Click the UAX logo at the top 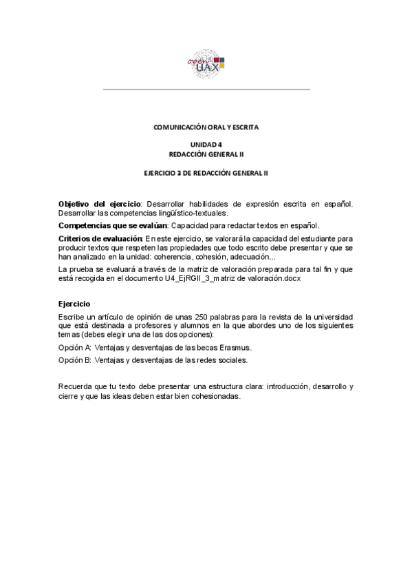[206, 63]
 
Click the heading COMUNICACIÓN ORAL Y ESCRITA [206, 127]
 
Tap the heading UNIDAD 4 [206, 145]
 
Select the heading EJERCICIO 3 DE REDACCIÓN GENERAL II [206, 174]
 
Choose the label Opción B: [75, 359]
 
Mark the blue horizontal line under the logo [206, 90]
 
